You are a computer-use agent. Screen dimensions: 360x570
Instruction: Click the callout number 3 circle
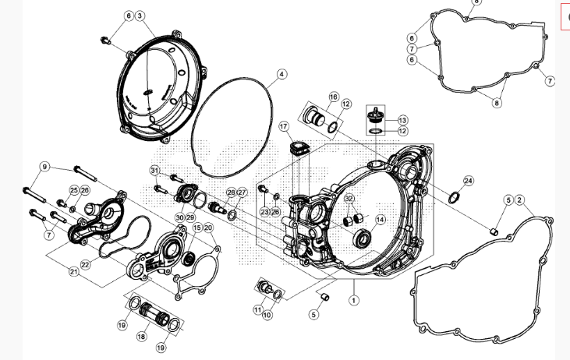point(140,16)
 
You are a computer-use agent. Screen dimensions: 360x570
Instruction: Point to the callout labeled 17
point(284,126)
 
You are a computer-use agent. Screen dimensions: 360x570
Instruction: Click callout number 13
point(402,120)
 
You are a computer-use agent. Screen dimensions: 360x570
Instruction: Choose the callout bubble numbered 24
point(468,181)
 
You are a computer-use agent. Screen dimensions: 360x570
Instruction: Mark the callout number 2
point(520,200)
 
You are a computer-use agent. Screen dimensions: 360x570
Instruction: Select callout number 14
point(381,220)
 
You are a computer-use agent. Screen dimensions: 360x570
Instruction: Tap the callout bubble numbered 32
point(349,199)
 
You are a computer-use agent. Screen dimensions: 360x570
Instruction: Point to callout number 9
point(45,167)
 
